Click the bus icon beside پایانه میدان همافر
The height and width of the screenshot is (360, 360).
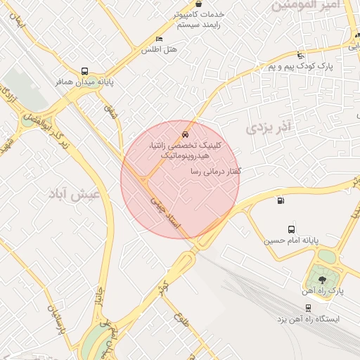coord(85,71)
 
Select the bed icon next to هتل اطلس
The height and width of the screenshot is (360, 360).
coord(159,39)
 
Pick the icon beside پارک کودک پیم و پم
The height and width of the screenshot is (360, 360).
coord(301,55)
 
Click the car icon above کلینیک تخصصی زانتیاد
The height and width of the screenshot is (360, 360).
coord(184,133)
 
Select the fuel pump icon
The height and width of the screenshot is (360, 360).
coord(281,201)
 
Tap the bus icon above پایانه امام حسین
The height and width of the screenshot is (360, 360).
coord(291,229)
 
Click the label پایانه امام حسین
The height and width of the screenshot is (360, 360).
coord(291,240)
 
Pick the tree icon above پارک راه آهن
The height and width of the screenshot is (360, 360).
coord(322,279)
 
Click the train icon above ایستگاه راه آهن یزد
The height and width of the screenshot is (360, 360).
coord(308,307)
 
